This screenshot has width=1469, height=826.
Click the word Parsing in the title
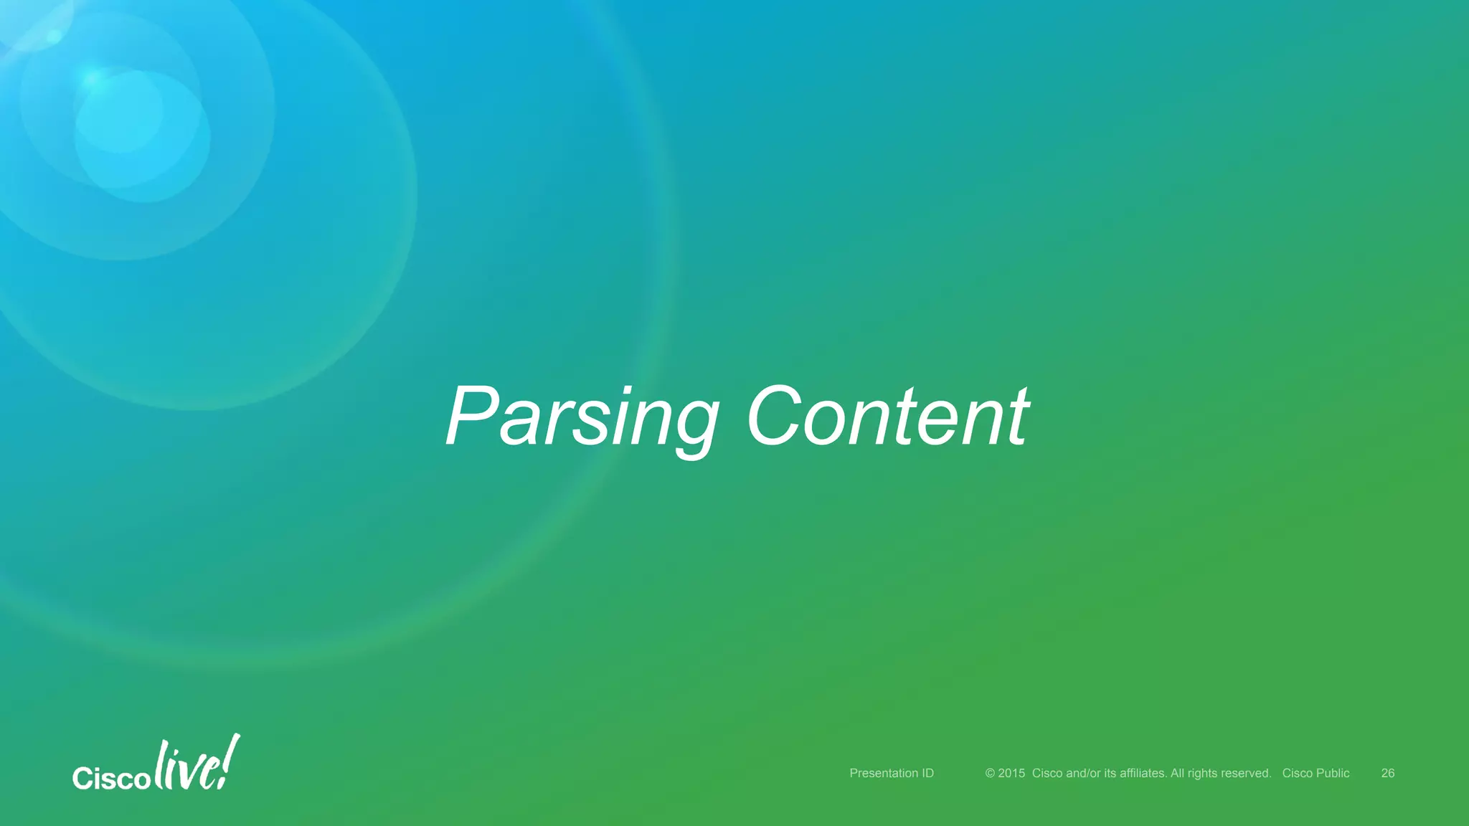581,417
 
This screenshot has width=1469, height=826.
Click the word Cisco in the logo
111,778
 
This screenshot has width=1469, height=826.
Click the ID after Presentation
927,773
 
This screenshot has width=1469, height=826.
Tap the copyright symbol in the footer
990,773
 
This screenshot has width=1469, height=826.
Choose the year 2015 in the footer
1011,773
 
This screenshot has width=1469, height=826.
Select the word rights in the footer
1202,773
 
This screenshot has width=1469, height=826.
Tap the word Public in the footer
1332,773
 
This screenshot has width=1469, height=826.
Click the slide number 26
1388,773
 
